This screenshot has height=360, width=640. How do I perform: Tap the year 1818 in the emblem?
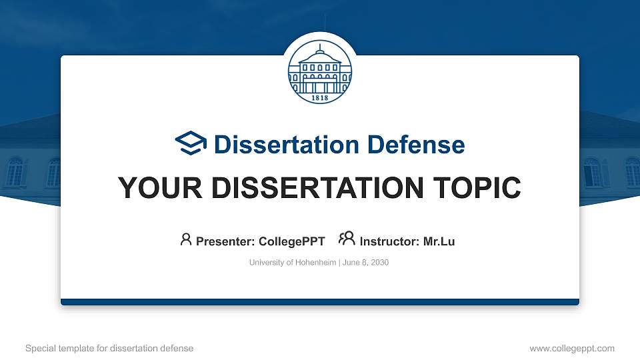(x=320, y=97)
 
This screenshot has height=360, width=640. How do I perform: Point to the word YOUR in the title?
(x=152, y=189)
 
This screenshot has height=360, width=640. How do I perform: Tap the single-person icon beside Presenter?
(x=186, y=239)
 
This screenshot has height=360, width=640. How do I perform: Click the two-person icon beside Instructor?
(x=347, y=239)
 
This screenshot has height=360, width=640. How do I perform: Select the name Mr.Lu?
(x=439, y=241)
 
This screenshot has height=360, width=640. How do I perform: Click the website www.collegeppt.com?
(x=571, y=348)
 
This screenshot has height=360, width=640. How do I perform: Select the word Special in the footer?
(x=39, y=348)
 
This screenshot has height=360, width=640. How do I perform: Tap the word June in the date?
(x=351, y=263)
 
